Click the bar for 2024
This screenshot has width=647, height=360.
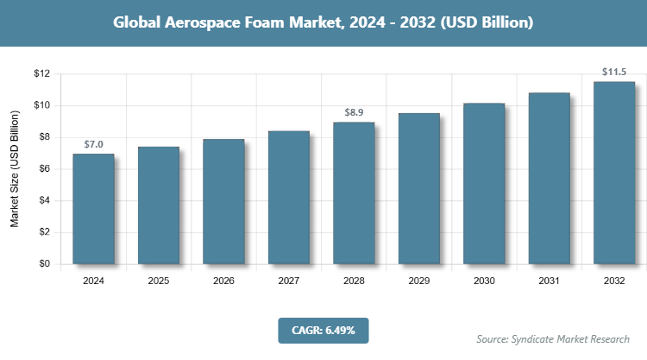click(x=93, y=209)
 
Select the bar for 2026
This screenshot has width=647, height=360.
click(x=223, y=201)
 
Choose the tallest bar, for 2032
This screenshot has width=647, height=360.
click(x=614, y=173)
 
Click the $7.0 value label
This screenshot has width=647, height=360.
click(x=93, y=143)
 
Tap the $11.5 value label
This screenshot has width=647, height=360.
click(x=614, y=72)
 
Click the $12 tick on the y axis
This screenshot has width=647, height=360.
click(x=41, y=73)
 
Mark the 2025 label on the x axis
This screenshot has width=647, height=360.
click(x=158, y=281)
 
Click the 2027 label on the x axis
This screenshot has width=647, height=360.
click(x=288, y=281)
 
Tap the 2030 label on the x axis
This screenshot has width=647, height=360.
click(x=484, y=281)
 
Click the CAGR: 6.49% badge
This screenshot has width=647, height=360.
click(x=323, y=330)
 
